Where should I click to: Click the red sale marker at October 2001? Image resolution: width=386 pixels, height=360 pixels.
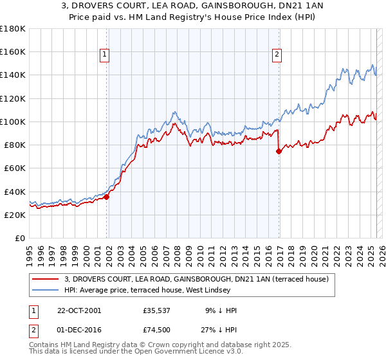click(x=107, y=197)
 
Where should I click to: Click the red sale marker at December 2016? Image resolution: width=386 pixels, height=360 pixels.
click(x=279, y=152)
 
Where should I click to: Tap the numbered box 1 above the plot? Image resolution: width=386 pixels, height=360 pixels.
click(x=104, y=55)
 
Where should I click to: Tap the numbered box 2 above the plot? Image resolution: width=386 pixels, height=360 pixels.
click(x=277, y=55)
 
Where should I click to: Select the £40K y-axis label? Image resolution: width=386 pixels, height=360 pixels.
click(x=15, y=192)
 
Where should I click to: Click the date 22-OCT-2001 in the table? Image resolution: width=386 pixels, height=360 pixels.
click(x=79, y=310)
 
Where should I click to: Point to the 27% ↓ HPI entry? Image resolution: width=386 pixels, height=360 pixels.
click(x=220, y=331)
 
